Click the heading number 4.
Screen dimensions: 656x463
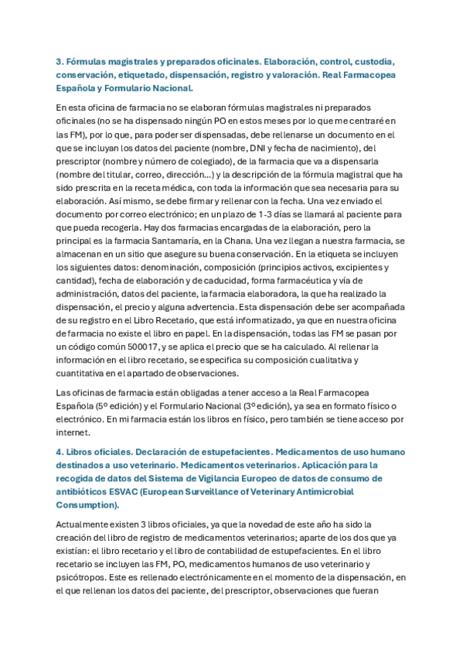[59, 451]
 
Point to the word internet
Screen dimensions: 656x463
[73, 432]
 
